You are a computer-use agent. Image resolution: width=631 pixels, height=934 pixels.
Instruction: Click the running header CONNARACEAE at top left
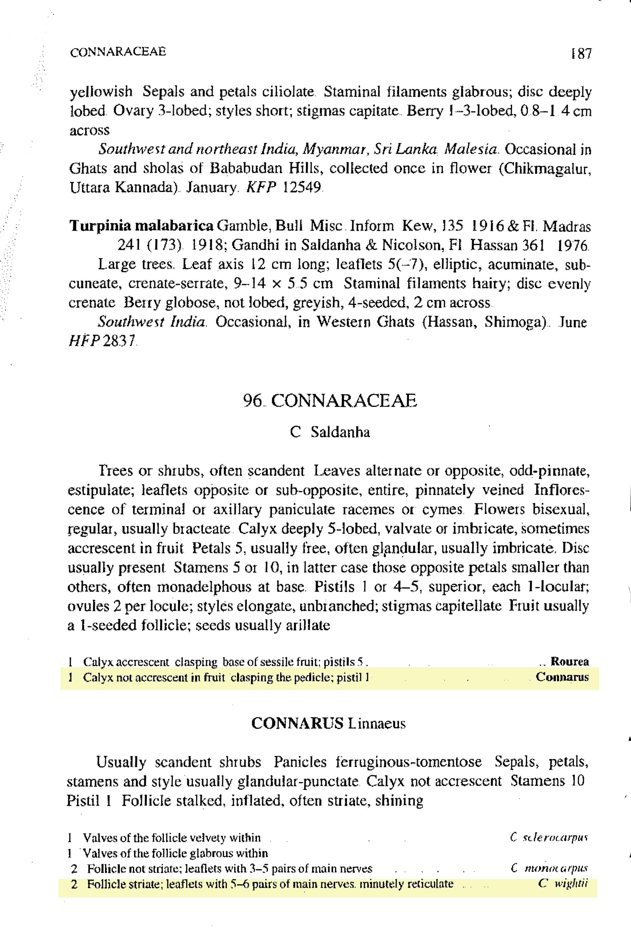[x=118, y=52]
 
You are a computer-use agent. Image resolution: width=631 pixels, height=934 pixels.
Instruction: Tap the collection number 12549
[x=302, y=187]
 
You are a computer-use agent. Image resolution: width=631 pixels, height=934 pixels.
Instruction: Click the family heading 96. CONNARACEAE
[x=330, y=401]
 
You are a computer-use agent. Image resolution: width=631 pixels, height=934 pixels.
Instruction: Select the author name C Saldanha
[x=330, y=432]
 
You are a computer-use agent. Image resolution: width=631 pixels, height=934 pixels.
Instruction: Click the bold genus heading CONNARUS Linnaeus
[x=328, y=723]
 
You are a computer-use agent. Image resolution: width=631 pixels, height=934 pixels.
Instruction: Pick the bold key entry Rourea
[x=569, y=661]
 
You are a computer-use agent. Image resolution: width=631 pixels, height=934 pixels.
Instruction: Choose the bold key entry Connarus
[x=562, y=677]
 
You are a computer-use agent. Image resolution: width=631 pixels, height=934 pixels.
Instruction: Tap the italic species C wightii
[x=563, y=884]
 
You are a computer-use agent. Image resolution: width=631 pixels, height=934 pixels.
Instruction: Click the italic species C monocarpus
[x=549, y=868]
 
